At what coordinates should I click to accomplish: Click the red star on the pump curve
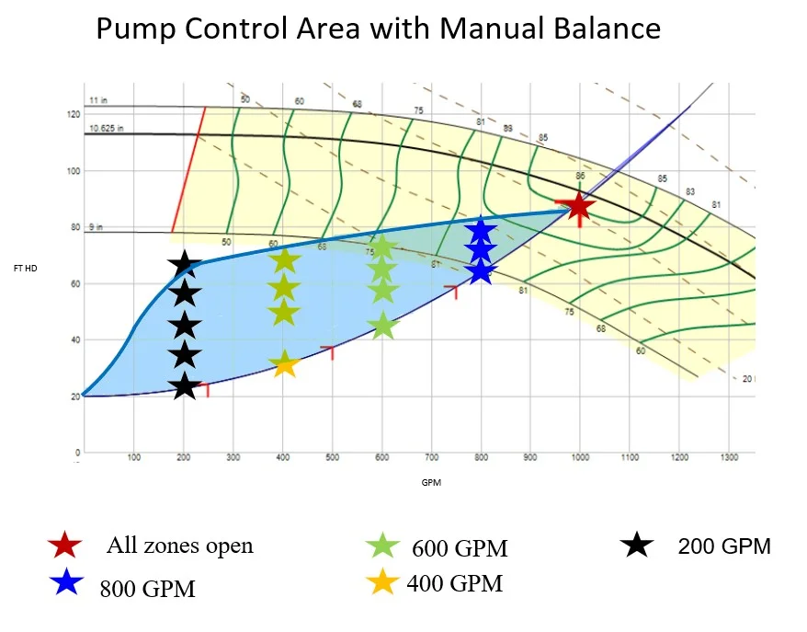tap(578, 206)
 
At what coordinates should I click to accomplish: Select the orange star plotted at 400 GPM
tap(285, 364)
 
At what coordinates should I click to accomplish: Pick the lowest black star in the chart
tap(185, 385)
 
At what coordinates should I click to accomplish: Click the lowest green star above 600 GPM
tap(383, 325)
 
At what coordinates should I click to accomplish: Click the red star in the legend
tap(66, 546)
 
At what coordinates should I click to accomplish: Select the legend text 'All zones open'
tap(179, 546)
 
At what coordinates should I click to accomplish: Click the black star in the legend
tap(638, 545)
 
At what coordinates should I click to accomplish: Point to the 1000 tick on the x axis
tap(580, 457)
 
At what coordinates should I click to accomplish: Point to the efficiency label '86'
tap(579, 175)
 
